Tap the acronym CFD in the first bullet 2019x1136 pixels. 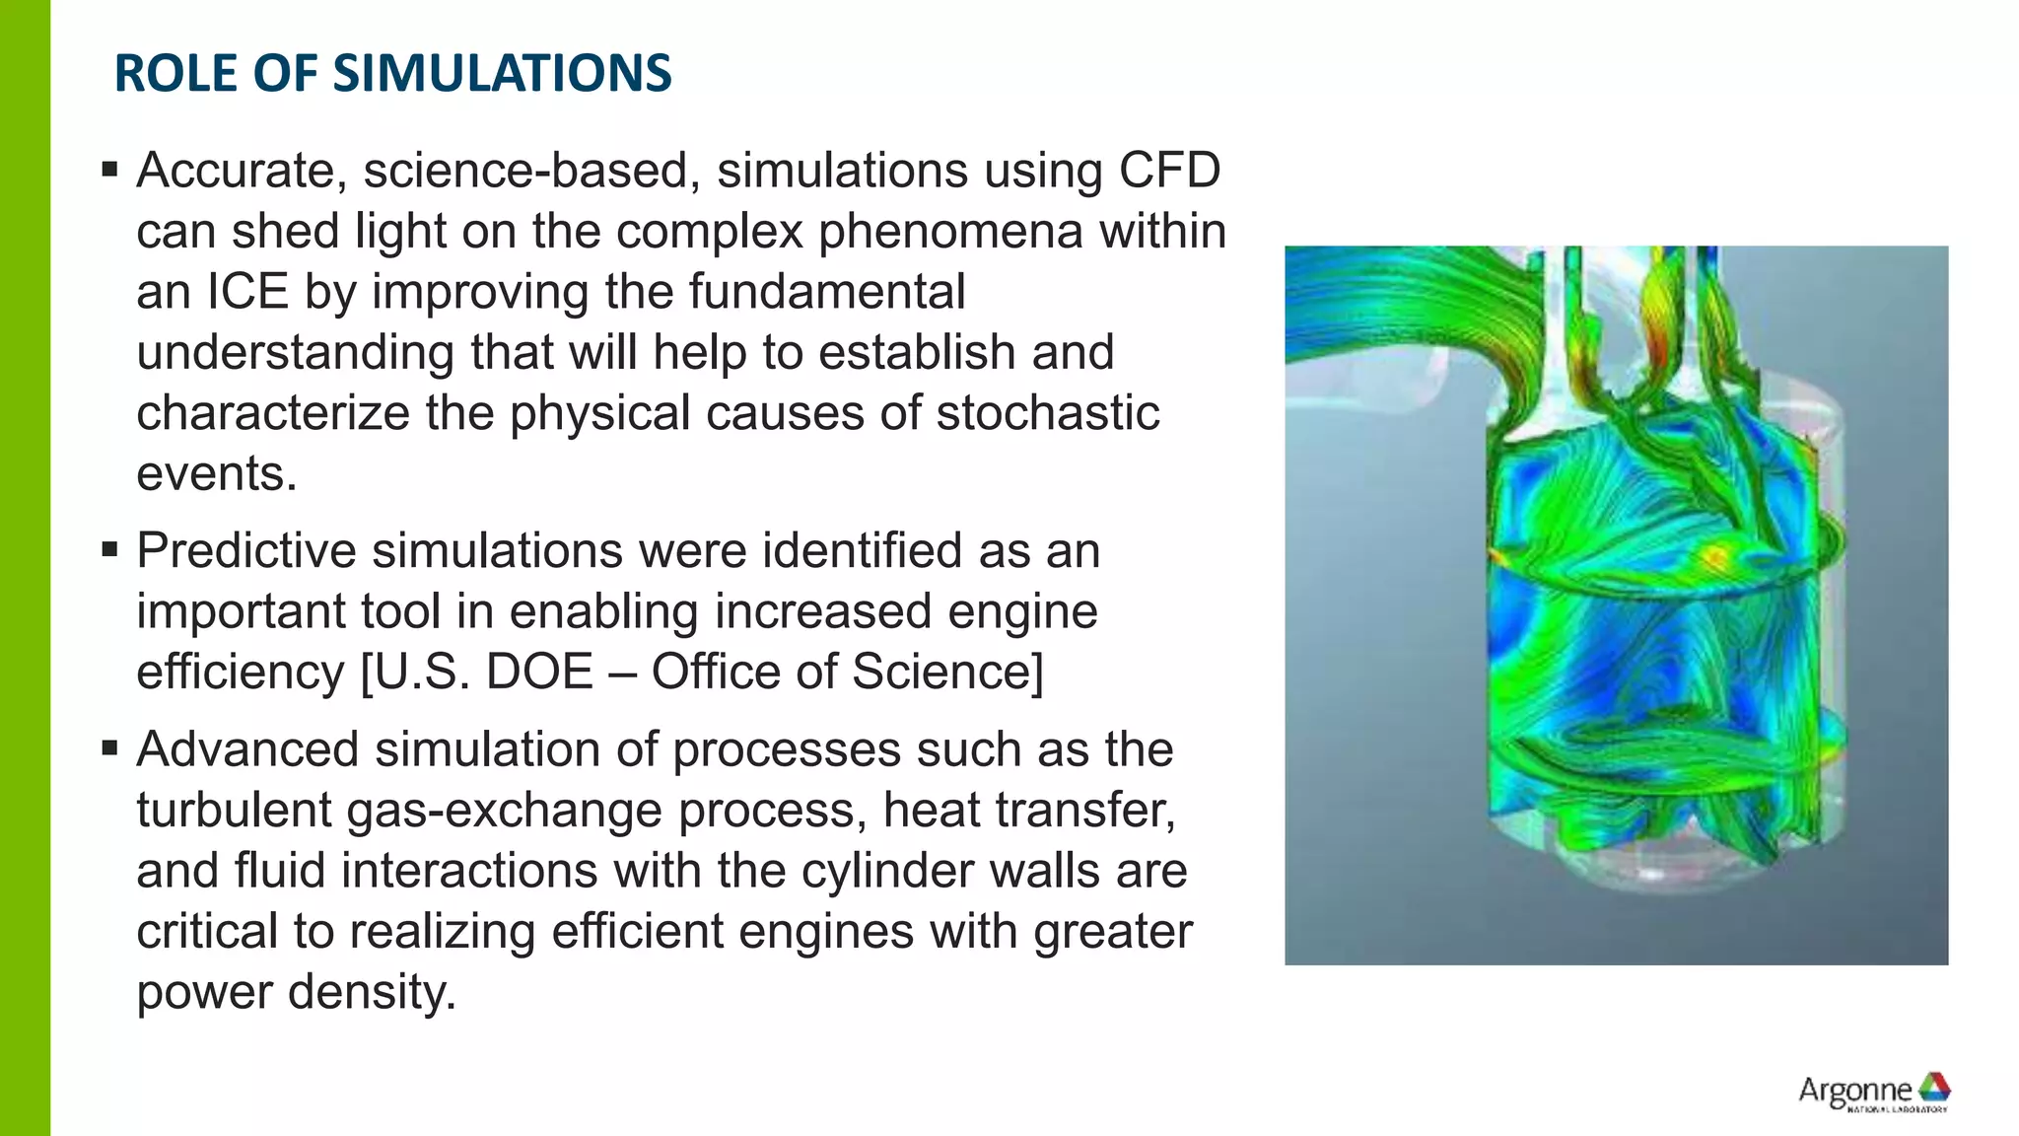[1169, 171]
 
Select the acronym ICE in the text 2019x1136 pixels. [246, 292]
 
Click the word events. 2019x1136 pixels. [216, 474]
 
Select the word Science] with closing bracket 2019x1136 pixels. [947, 673]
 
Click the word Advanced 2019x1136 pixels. [247, 749]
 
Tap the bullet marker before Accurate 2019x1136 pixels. [109, 171]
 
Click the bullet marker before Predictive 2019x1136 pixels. [109, 549]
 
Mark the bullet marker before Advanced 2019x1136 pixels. [109, 748]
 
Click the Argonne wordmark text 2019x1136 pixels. [1853, 1091]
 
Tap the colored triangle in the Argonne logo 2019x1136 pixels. [1933, 1086]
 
